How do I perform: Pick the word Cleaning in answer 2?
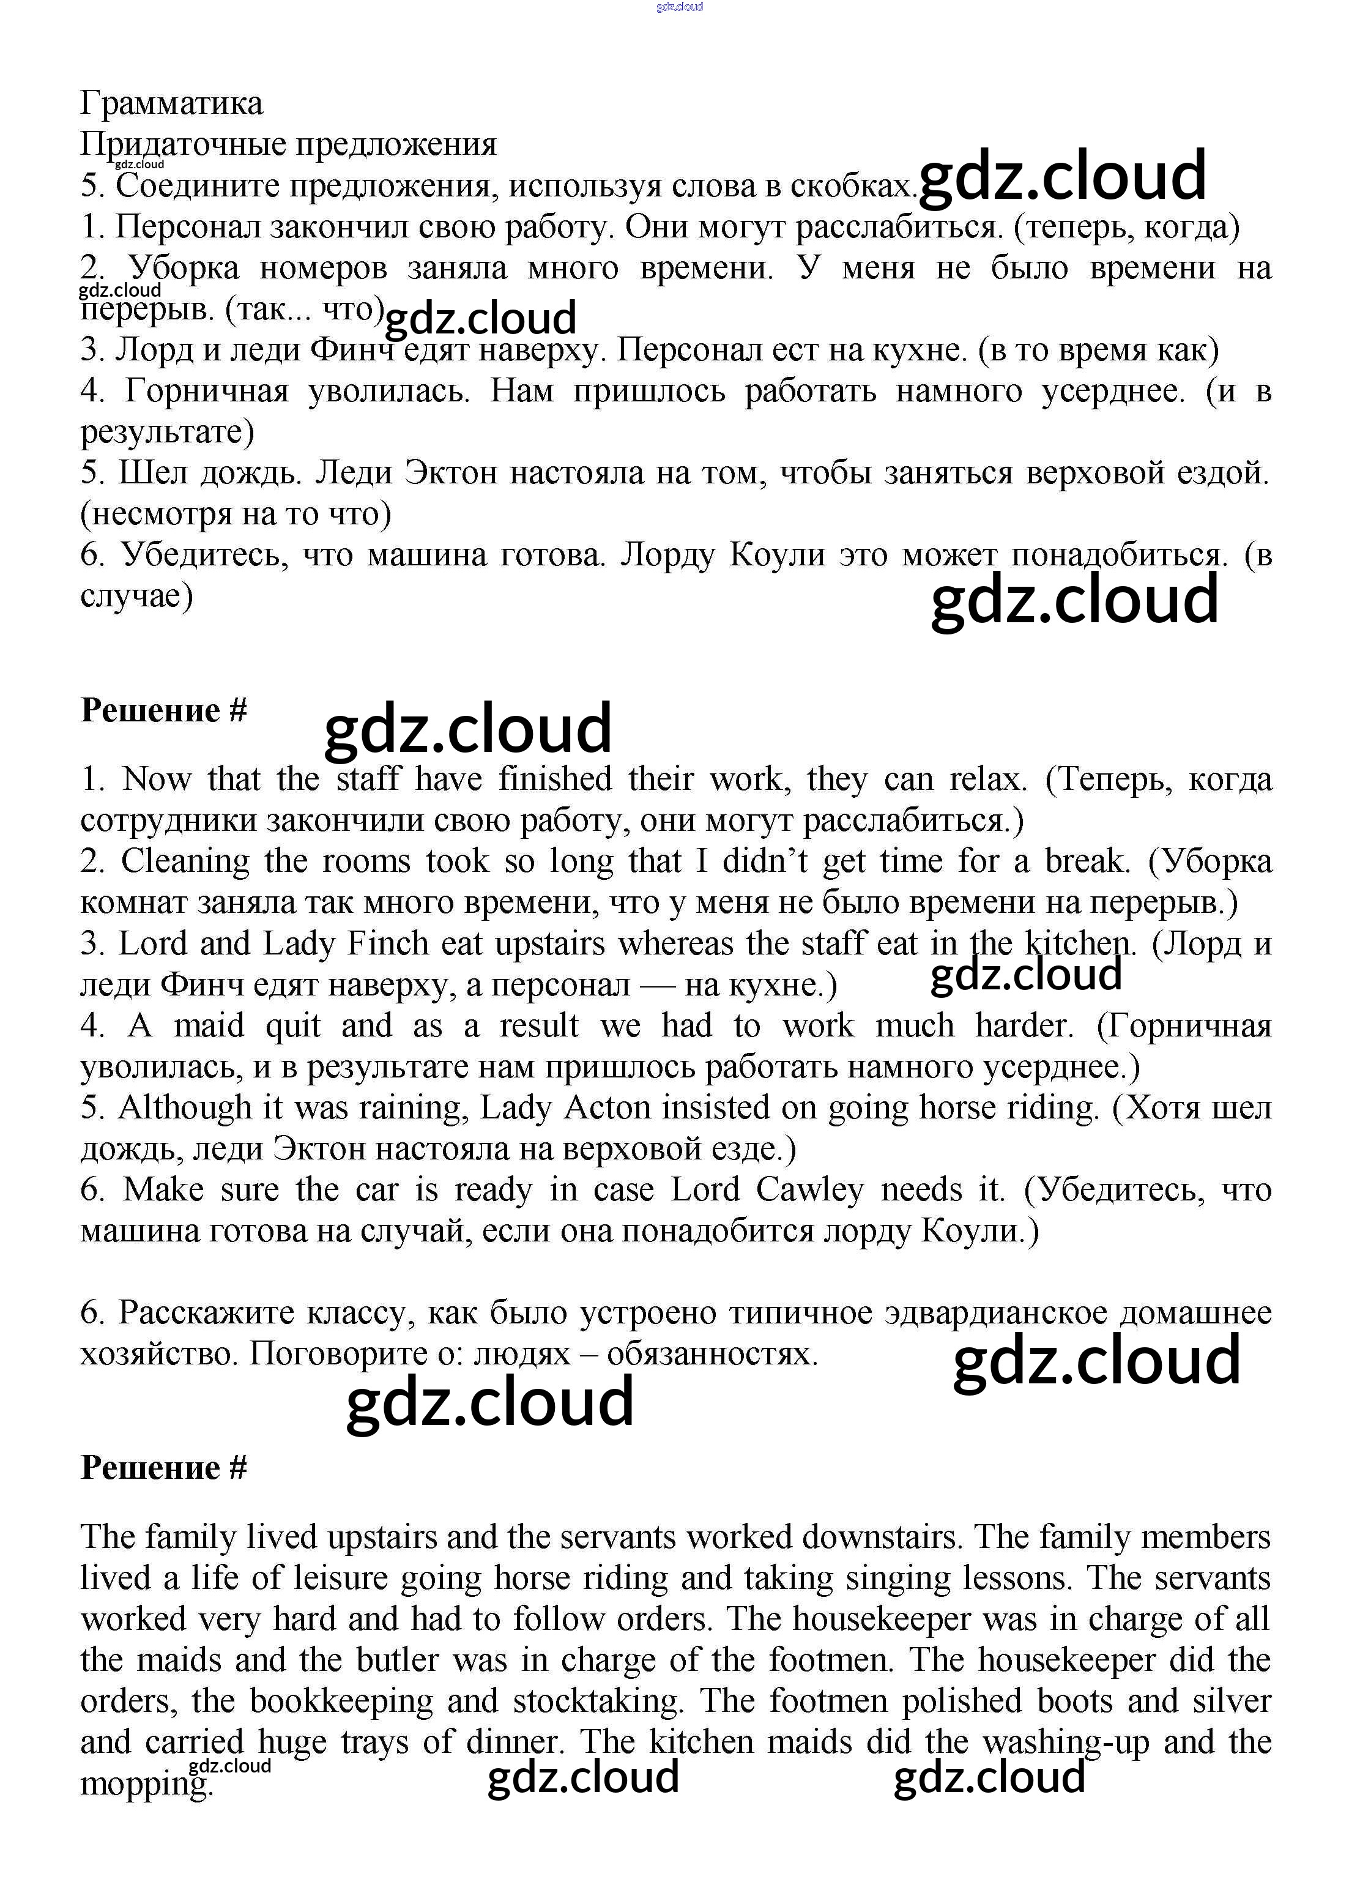185,861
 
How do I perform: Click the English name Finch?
387,943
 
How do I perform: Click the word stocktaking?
598,1701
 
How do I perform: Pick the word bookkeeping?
341,1701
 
